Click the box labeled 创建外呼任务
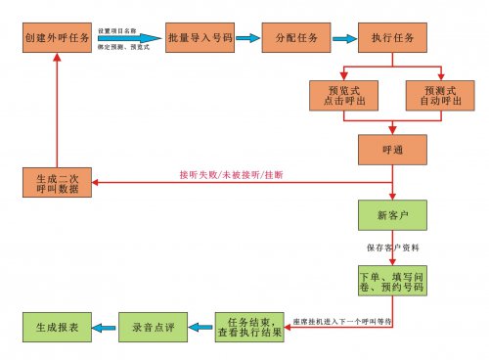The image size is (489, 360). (x=58, y=38)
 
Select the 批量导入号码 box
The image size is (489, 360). (x=200, y=38)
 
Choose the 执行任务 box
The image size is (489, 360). (x=393, y=38)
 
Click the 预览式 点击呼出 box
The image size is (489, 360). (x=341, y=96)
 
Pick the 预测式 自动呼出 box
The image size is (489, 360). (x=439, y=96)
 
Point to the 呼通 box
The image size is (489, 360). (x=393, y=149)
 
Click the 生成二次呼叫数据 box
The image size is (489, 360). (x=58, y=182)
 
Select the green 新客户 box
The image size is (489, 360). (x=393, y=213)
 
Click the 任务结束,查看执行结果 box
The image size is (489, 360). (x=250, y=326)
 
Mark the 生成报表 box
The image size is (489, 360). (x=58, y=326)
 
